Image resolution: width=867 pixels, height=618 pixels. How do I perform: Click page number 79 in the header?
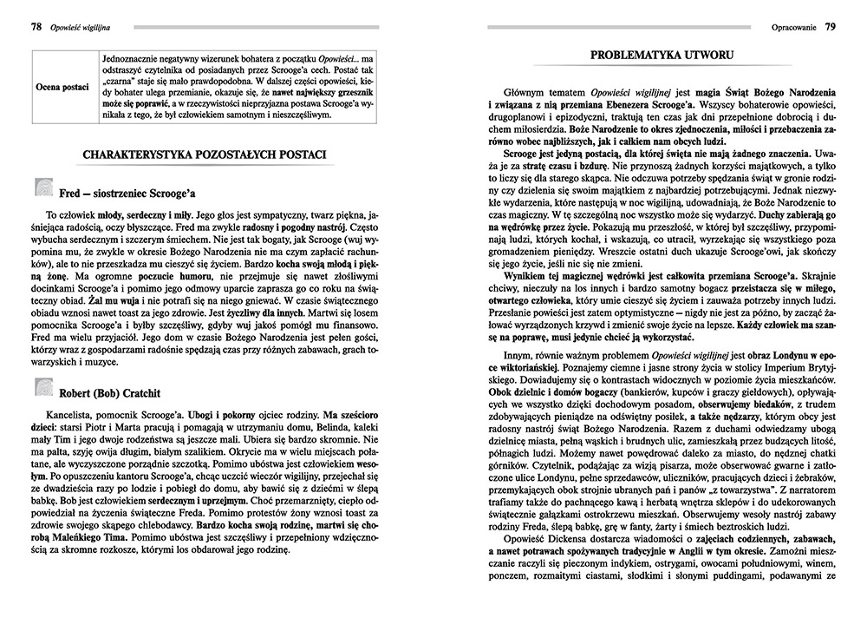tap(830, 27)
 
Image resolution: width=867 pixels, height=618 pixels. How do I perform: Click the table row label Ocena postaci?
tap(62, 87)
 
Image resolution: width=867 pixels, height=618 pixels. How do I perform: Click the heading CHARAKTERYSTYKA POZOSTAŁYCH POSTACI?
tap(205, 154)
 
